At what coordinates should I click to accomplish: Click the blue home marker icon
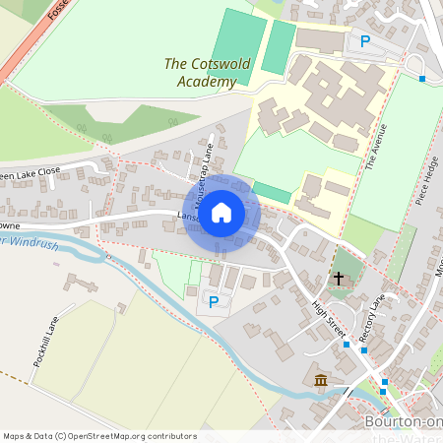[x=221, y=212]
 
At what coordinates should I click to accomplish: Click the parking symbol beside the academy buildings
[x=365, y=41]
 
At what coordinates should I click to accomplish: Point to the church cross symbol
[x=339, y=280]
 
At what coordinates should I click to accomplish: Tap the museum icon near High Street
[x=321, y=380]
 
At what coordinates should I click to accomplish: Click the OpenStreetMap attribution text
[x=99, y=435]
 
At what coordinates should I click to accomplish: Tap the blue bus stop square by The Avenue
[x=421, y=78]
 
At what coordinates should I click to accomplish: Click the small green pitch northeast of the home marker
[x=271, y=192]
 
